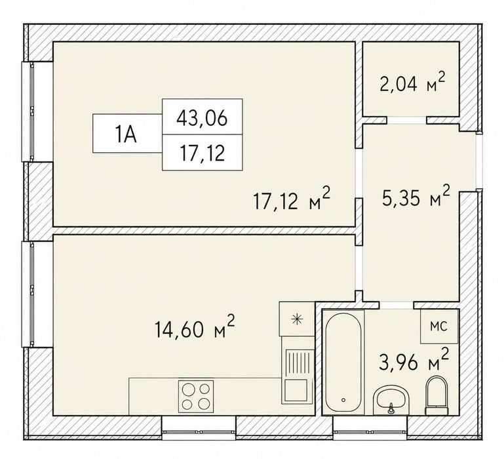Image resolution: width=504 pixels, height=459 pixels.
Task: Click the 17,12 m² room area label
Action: click(292, 199)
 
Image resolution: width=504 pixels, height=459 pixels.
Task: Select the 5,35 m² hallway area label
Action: click(416, 196)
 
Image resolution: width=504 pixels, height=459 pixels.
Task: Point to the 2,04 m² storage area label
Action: click(412, 82)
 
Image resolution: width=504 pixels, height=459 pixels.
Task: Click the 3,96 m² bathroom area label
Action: click(414, 360)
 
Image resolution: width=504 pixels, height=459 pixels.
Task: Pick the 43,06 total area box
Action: click(202, 117)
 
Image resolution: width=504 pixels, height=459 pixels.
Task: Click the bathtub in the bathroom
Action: click(343, 362)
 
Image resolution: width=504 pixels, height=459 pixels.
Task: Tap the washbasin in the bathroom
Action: click(391, 399)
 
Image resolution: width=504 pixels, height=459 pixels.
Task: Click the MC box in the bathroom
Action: click(439, 326)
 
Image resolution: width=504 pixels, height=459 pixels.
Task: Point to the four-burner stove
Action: click(196, 396)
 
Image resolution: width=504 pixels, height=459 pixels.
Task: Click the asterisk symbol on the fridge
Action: click(297, 319)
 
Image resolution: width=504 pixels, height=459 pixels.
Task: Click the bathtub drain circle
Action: click(343, 400)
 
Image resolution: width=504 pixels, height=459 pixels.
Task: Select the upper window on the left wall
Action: click(32, 111)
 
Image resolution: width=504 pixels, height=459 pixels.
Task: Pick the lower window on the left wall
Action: click(32, 294)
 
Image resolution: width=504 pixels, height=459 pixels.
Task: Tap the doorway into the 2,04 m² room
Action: click(406, 120)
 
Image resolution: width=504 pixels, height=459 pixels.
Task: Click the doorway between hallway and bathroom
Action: click(397, 306)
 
